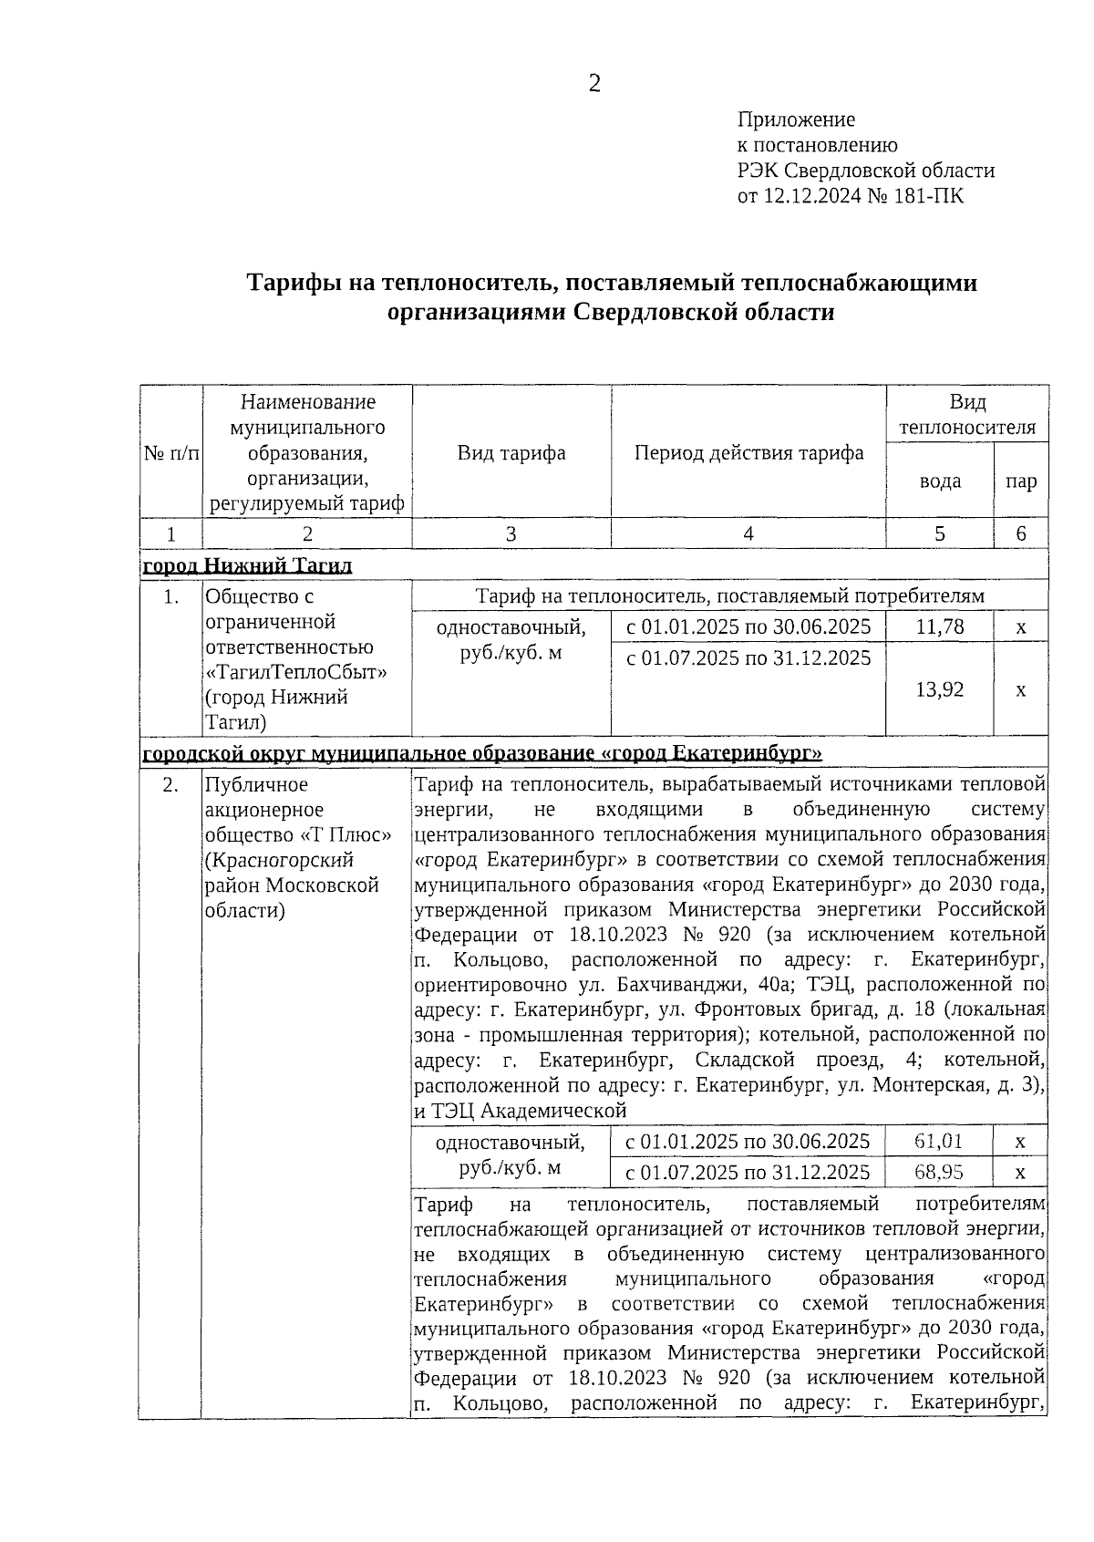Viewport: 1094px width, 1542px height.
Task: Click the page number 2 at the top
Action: (x=594, y=84)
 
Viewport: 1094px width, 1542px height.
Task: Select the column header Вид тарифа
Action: (x=511, y=453)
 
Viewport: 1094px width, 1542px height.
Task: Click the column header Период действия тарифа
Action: (x=748, y=453)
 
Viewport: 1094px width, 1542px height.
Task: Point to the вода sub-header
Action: (x=939, y=481)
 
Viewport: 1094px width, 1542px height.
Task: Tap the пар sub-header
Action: (x=1020, y=481)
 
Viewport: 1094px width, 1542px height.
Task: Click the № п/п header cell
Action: (x=170, y=453)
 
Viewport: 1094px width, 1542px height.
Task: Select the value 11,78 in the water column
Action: (x=939, y=627)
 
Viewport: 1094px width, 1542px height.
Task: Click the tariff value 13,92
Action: (x=939, y=689)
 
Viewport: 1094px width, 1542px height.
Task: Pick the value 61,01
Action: (x=939, y=1141)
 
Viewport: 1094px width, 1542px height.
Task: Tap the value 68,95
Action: (x=939, y=1172)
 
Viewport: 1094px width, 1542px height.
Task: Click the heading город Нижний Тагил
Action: (x=248, y=566)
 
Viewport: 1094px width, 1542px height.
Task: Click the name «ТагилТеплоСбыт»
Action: (x=296, y=672)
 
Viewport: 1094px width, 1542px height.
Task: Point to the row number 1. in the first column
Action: (x=170, y=597)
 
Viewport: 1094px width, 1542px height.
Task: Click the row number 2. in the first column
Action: (x=170, y=785)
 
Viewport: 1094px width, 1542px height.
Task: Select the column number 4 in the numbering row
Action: (x=748, y=534)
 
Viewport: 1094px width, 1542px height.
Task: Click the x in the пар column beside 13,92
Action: (x=1020, y=689)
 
